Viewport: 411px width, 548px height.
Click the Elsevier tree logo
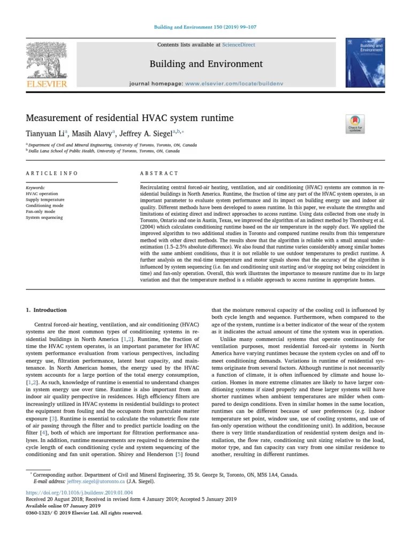pyautogui.click(x=47, y=61)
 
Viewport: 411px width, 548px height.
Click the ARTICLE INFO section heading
pyautogui.click(x=52, y=173)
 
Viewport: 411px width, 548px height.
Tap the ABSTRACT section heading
pyautogui.click(x=159, y=173)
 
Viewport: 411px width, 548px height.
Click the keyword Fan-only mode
pyautogui.click(x=40, y=211)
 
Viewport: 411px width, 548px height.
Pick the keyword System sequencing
pyautogui.click(x=44, y=217)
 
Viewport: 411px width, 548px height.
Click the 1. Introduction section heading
pyautogui.click(x=47, y=310)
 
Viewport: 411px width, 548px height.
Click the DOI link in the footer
pyautogui.click(x=79, y=492)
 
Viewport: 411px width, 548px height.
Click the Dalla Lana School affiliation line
pyautogui.click(x=104, y=151)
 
